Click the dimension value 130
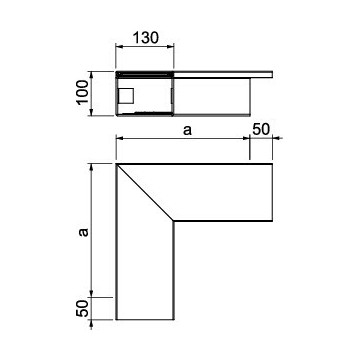click(x=144, y=37)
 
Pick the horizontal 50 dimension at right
click(x=261, y=130)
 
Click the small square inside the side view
click(x=127, y=96)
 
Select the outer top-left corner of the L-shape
click(x=116, y=164)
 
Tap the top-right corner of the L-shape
click(x=274, y=164)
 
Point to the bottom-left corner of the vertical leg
click(x=116, y=320)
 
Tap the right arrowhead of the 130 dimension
click(x=171, y=47)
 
